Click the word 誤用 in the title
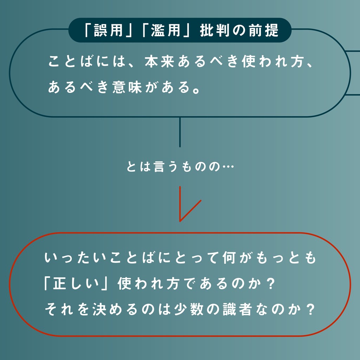coord(108,31)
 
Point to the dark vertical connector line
coord(180,132)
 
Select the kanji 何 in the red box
coord(230,258)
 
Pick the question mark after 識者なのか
coord(310,309)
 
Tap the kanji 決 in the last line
coord(100,309)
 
